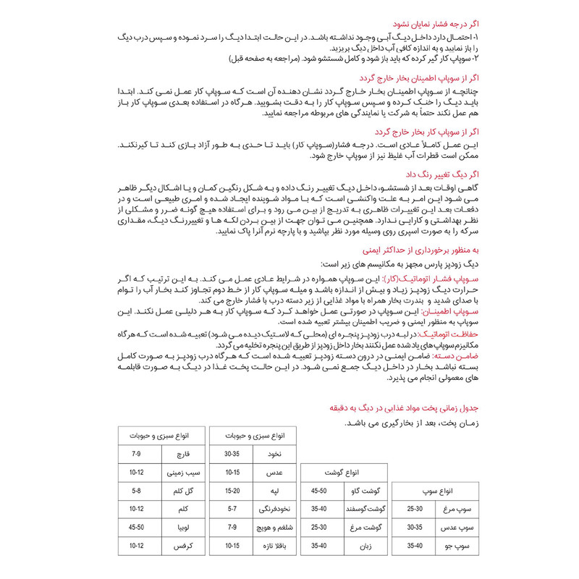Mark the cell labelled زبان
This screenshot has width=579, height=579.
pos(365,547)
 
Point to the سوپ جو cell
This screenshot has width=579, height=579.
pos(460,547)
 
